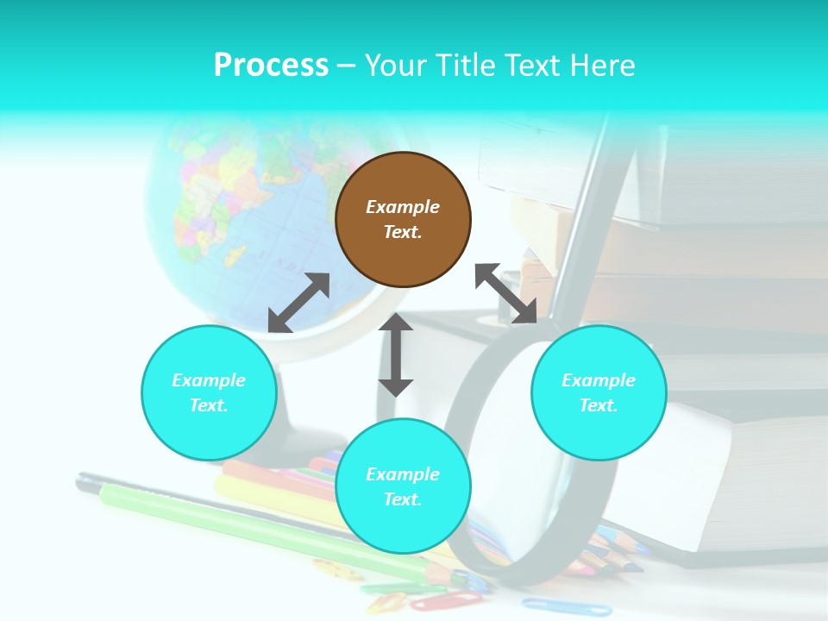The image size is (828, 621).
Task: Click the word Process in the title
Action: point(271,66)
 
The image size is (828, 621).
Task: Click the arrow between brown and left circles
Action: point(298,303)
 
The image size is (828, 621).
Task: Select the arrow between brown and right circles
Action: point(506,293)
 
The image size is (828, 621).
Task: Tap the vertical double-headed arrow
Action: point(396,354)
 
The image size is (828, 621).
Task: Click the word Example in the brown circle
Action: point(403,207)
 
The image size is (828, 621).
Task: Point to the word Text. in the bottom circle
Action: point(403,499)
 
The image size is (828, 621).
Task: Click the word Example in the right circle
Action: point(599,380)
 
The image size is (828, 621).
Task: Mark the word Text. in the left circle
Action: point(209,405)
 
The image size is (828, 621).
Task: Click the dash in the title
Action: point(347,66)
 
